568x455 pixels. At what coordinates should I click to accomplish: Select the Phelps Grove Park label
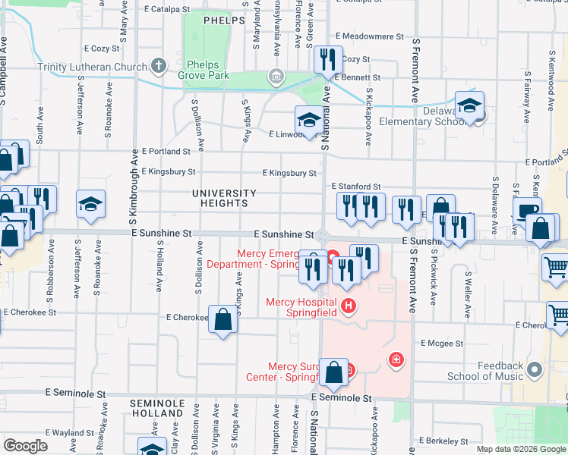pos(209,71)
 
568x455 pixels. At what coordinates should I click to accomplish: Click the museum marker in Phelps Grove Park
pos(276,76)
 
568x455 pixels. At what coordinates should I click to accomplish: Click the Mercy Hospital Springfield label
pos(301,303)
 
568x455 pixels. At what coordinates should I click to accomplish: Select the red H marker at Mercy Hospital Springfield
pos(349,306)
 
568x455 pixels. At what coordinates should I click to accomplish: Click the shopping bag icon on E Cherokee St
pos(224,319)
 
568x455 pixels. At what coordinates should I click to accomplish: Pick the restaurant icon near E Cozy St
pos(327,60)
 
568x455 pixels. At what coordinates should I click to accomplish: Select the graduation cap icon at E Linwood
pos(308,119)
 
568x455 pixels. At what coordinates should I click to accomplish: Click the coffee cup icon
pos(527,210)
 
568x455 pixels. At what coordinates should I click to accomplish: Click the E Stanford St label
pos(355,186)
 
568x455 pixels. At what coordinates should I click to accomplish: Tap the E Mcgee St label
pos(441,344)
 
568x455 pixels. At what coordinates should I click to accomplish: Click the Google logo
pos(25,446)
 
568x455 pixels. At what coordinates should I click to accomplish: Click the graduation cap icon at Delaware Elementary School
pos(470,106)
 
